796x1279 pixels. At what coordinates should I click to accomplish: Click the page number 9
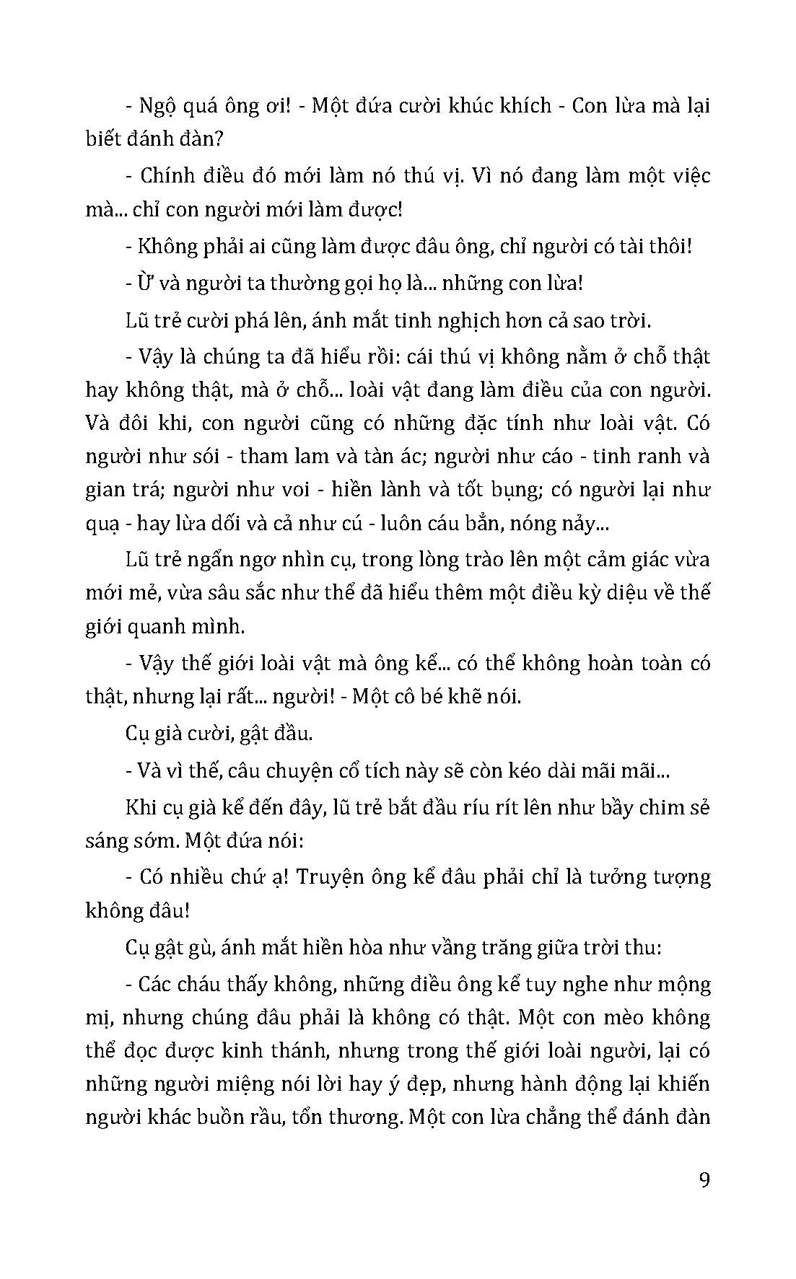(704, 1181)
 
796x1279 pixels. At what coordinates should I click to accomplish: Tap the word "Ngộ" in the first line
(157, 107)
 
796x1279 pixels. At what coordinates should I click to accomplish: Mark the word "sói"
(204, 457)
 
